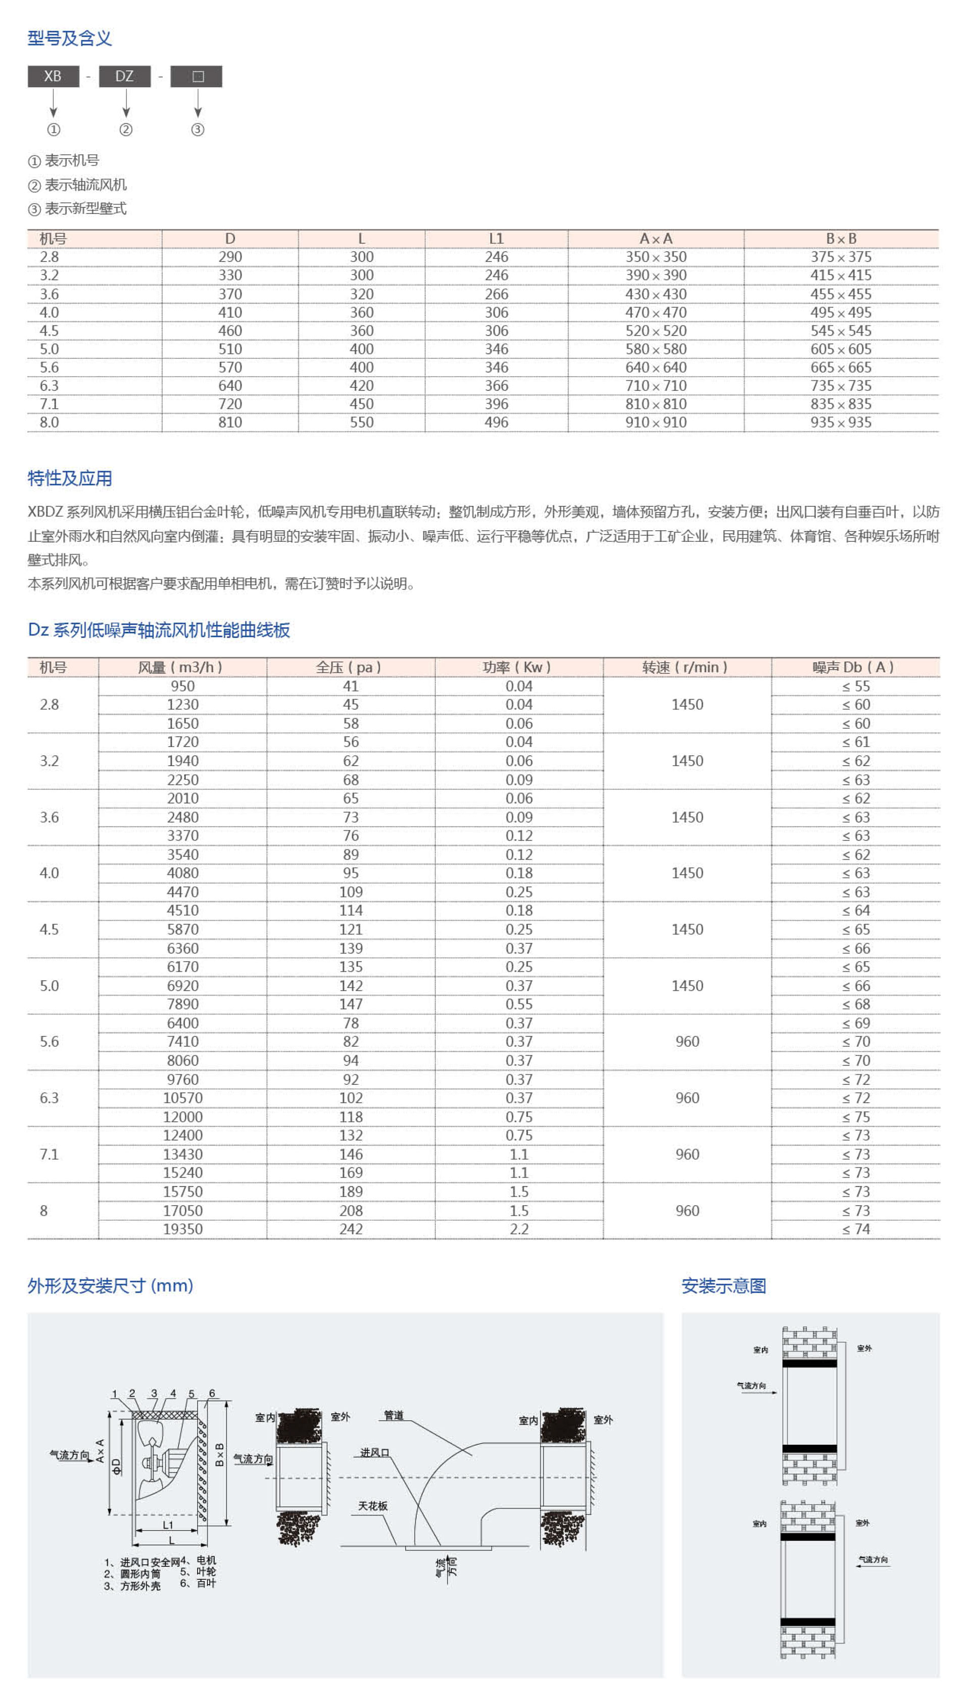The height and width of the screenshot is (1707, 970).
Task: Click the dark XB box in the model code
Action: (x=53, y=76)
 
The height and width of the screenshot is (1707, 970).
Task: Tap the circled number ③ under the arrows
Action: (x=197, y=129)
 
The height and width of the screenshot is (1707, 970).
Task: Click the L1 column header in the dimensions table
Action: (x=496, y=239)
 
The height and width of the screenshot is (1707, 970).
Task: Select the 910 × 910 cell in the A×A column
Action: (x=656, y=422)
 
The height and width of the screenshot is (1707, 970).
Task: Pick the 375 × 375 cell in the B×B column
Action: (x=841, y=257)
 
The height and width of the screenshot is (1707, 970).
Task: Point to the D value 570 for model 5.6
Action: (x=230, y=367)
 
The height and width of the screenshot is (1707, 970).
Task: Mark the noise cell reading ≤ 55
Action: (x=855, y=686)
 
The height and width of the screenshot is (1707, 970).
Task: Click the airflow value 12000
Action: (x=182, y=1117)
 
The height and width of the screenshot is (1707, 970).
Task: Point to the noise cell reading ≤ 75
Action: (x=855, y=1117)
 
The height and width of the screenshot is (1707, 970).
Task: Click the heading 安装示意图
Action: (x=723, y=1286)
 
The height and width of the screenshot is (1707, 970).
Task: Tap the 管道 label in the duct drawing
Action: (x=394, y=1415)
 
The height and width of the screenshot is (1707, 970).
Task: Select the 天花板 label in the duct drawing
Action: (x=373, y=1506)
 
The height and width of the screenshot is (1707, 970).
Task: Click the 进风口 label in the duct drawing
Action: (x=374, y=1452)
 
